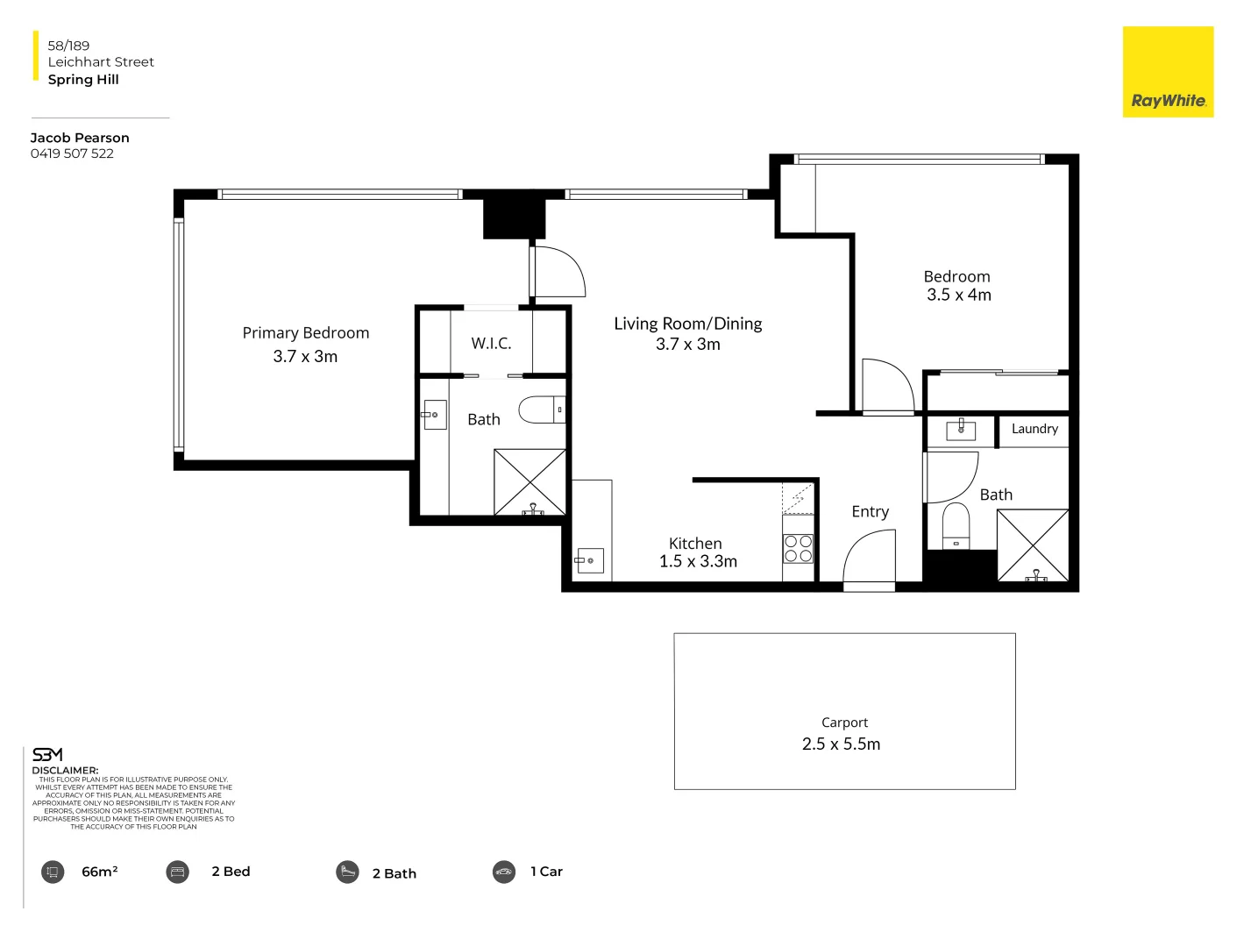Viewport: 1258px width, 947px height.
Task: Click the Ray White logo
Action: coord(1168,72)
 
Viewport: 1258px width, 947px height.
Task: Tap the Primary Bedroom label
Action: coord(305,333)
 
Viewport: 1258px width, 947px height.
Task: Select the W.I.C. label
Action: coord(491,344)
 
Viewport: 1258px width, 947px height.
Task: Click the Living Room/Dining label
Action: coord(687,324)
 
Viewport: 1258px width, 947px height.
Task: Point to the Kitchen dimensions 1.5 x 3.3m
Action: coord(698,562)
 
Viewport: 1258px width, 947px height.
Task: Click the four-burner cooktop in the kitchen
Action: coord(798,549)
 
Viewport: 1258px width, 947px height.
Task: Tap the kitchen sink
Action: coord(590,560)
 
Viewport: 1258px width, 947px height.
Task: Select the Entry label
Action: coord(870,512)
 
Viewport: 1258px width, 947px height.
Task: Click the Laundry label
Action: coord(1034,429)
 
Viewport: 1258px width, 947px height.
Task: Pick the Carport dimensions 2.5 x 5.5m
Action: coord(841,744)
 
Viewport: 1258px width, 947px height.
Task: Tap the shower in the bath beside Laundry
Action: coord(1033,545)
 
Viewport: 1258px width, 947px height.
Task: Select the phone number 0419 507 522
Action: coord(72,153)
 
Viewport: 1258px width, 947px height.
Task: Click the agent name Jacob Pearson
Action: coord(80,138)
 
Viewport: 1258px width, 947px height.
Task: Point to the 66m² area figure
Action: coord(99,872)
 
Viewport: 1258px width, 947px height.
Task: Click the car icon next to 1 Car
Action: coord(504,872)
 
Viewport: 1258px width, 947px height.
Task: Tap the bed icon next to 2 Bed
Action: coord(178,872)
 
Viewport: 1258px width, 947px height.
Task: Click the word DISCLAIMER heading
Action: coord(65,771)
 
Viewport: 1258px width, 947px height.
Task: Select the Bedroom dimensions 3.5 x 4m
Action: coord(958,295)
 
